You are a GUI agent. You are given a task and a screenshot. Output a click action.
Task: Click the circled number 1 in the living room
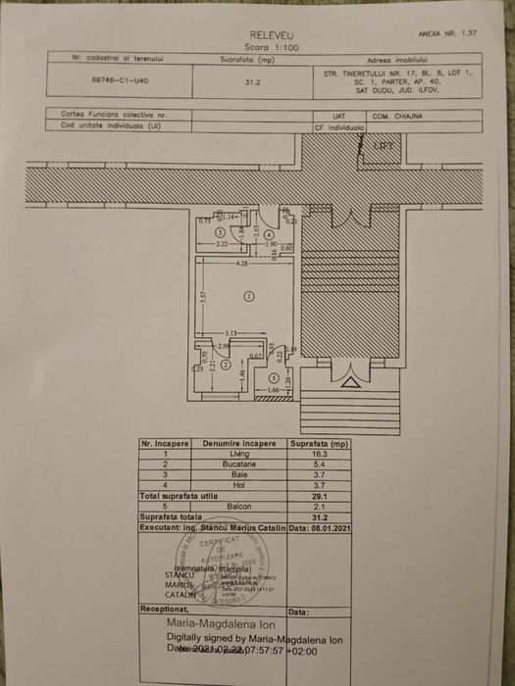(x=247, y=295)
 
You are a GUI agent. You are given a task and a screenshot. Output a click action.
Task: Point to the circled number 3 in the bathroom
(x=221, y=232)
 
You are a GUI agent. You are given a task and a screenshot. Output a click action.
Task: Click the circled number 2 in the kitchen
(x=225, y=365)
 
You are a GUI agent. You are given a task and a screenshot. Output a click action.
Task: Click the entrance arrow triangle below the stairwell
(x=348, y=384)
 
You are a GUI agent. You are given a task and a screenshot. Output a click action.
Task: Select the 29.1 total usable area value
(x=319, y=495)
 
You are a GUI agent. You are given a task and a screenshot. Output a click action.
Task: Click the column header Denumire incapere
(x=236, y=444)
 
